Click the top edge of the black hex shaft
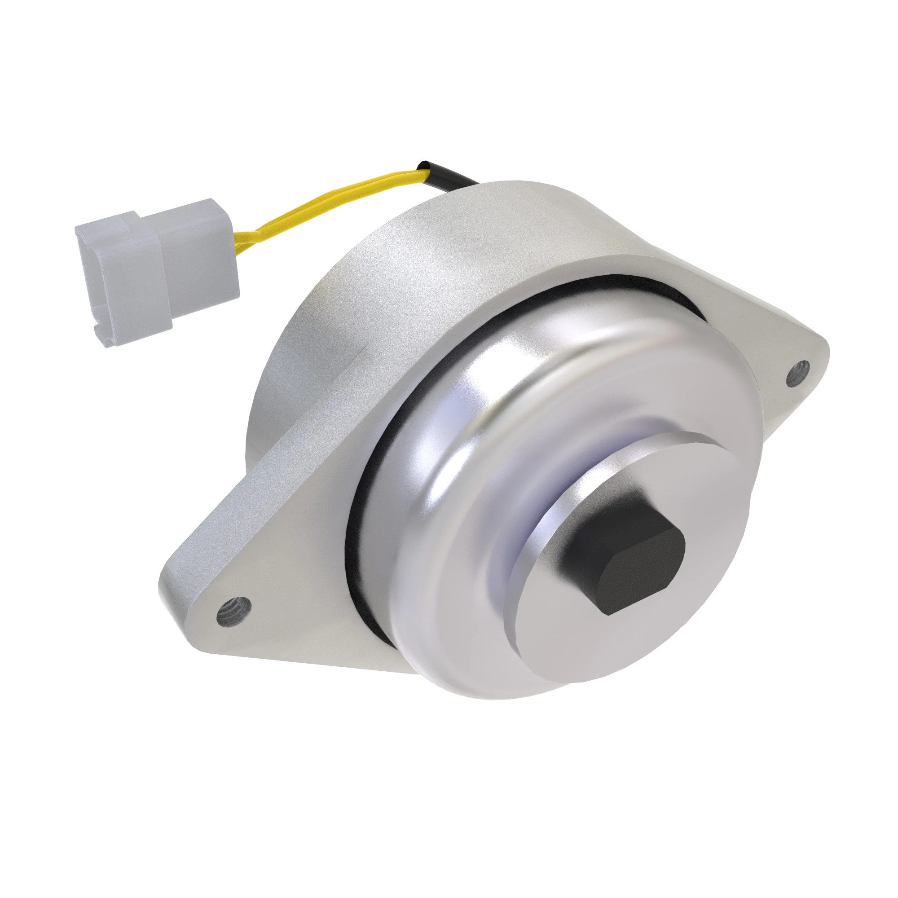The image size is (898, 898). coord(618,520)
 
